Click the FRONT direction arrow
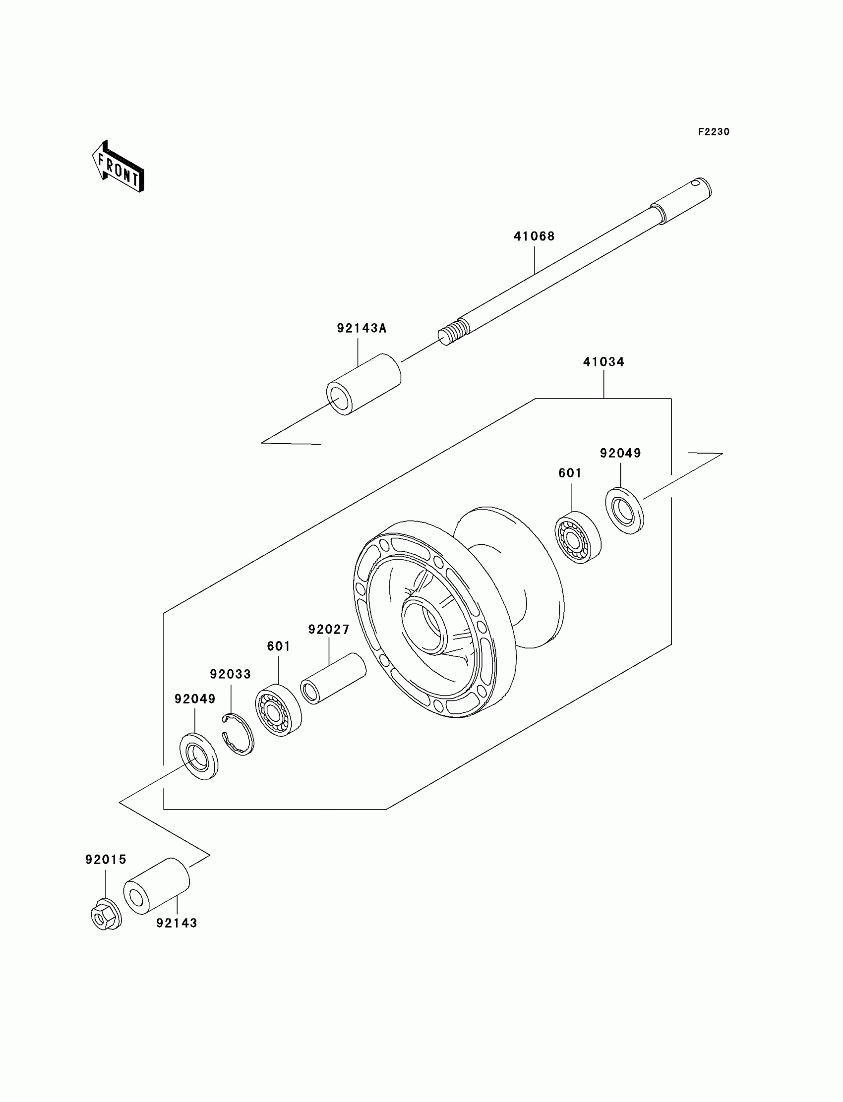119,167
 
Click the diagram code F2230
713,132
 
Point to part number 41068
534,236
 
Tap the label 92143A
361,329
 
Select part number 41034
603,362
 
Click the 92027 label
329,630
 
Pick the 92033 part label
230,675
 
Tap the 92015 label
105,860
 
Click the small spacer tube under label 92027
333,679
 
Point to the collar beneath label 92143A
364,385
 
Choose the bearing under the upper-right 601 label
578,538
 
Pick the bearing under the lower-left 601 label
278,710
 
